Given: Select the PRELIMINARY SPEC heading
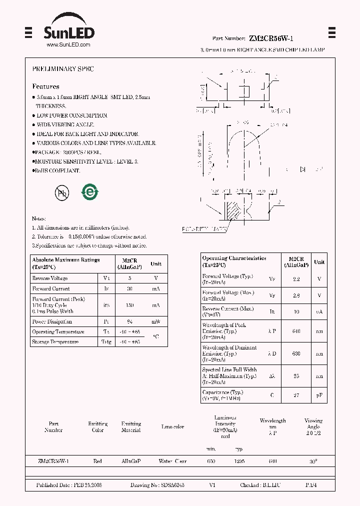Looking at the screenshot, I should pyautogui.click(x=63, y=69).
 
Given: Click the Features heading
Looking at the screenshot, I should pyautogui.click(x=45, y=86).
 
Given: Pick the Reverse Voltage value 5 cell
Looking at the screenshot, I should pyautogui.click(x=129, y=278).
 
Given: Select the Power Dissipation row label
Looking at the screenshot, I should pyautogui.click(x=52, y=321).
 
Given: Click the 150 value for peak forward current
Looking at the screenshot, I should pyautogui.click(x=129, y=305).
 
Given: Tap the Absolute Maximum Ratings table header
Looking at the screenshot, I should pyautogui.click(x=66, y=263).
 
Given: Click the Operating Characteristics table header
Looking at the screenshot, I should pyautogui.click(x=234, y=261).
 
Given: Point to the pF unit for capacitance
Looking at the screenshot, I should pyautogui.click(x=319, y=395).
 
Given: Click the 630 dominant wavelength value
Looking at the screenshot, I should pyautogui.click(x=296, y=353).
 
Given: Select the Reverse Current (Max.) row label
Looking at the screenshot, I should pyautogui.click(x=228, y=311).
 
